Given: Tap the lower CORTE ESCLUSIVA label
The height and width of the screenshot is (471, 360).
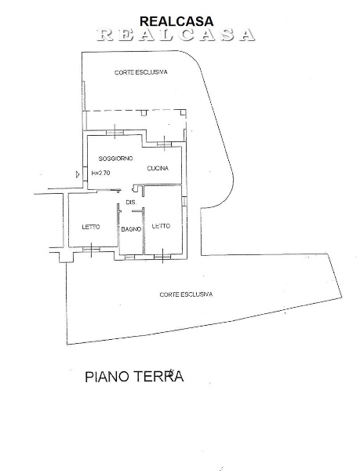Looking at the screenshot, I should click(x=186, y=294).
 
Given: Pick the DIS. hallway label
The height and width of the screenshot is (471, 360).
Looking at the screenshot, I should click(x=131, y=203).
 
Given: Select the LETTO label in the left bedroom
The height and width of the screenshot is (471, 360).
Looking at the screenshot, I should click(x=91, y=228).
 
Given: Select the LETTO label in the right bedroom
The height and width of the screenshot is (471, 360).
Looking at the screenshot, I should click(x=161, y=227).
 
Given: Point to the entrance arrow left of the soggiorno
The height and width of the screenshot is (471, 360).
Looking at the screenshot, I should click(x=77, y=173).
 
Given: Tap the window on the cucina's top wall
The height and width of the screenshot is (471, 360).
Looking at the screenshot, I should click(x=163, y=144).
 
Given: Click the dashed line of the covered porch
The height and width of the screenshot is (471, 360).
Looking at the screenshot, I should click(x=133, y=111).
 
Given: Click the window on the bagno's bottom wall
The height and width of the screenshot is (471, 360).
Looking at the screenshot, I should click(x=130, y=254).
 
